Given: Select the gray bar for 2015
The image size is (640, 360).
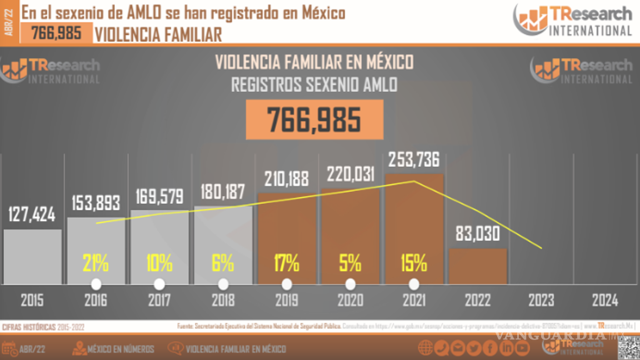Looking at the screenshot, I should click(32, 257).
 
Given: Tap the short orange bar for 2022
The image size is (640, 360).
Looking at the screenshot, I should click(478, 266).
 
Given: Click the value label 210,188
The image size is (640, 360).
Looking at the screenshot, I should click(287, 178).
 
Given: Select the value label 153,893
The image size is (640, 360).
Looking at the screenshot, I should click(96, 203).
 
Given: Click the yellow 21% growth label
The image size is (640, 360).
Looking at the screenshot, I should click(96, 263).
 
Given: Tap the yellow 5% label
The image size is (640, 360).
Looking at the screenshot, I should click(350, 263).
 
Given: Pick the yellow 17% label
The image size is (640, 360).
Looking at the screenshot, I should click(287, 263).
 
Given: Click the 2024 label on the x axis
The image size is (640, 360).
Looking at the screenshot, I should click(605, 301).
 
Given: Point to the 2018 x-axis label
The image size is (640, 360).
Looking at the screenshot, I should click(223, 301).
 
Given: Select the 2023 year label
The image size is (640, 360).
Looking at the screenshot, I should click(541, 301).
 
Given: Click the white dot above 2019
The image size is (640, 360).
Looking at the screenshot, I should click(287, 284).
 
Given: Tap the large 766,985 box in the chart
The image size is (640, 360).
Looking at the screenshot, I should click(314, 119).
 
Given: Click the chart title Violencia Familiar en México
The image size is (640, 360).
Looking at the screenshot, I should click(314, 62).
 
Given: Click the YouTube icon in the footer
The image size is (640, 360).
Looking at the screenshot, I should click(522, 348).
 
